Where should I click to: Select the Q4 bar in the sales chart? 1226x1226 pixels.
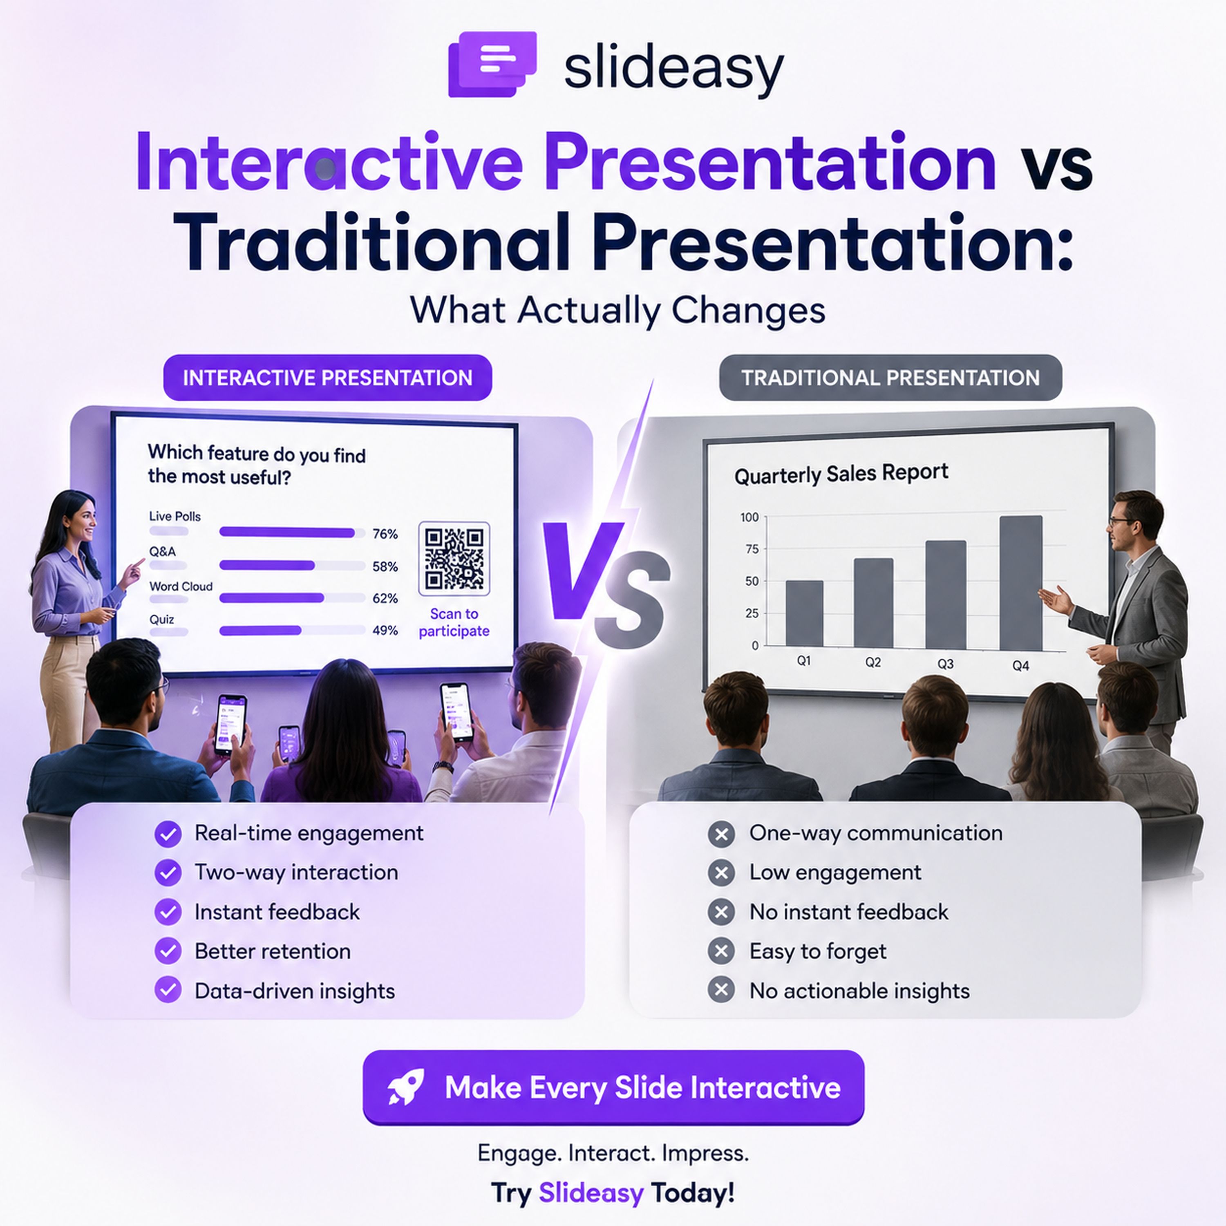click(1021, 582)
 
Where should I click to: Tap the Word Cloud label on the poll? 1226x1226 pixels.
click(181, 586)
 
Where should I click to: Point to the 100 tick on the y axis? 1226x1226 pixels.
click(749, 517)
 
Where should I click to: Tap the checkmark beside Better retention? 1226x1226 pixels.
click(168, 951)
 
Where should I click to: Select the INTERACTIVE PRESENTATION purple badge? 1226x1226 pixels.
click(327, 378)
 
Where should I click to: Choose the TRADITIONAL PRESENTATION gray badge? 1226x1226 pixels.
click(890, 378)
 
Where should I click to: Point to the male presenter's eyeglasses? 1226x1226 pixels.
click(1122, 521)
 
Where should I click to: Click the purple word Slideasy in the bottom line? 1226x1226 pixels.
click(591, 1192)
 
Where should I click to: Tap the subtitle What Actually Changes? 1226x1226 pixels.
click(617, 310)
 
